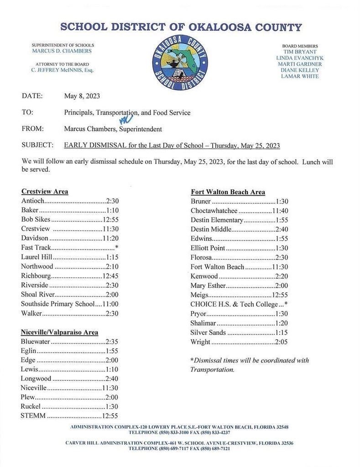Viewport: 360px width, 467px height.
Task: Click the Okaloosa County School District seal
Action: click(x=180, y=62)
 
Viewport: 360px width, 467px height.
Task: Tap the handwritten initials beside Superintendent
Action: click(x=126, y=119)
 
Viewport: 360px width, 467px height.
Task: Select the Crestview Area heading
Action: click(x=44, y=192)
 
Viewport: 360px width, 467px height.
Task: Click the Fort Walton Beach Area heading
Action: click(x=228, y=192)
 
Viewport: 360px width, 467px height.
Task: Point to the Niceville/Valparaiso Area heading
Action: click(x=59, y=332)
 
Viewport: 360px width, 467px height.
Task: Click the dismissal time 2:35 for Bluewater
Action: click(x=112, y=341)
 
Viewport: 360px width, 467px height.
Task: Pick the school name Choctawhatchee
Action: click(x=214, y=211)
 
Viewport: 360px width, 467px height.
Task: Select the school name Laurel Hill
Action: click(x=37, y=257)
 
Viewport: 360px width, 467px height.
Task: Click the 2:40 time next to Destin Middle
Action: click(x=282, y=229)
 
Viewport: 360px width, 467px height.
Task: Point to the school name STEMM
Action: click(x=33, y=415)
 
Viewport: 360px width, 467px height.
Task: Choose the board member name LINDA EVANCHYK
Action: click(x=300, y=58)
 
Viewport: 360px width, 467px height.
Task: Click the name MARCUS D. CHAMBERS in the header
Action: click(x=62, y=51)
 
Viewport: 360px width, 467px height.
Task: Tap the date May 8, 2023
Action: click(x=82, y=96)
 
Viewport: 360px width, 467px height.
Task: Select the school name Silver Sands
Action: click(x=208, y=332)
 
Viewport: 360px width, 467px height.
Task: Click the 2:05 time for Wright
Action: click(x=282, y=342)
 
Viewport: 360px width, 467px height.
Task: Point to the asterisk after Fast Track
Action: click(x=117, y=247)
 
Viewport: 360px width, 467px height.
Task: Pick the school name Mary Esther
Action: click(x=208, y=285)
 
